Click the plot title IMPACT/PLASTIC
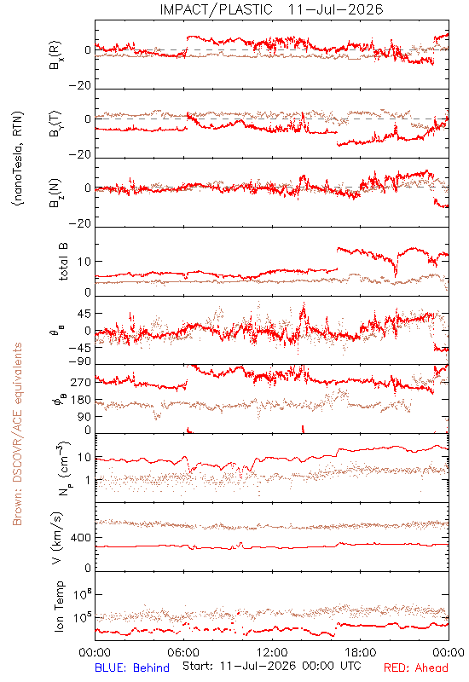pyautogui.click(x=217, y=9)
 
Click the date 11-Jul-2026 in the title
pyautogui.click(x=335, y=9)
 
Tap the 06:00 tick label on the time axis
pyautogui.click(x=183, y=652)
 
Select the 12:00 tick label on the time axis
pyautogui.click(x=272, y=652)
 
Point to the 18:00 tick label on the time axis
pyautogui.click(x=361, y=652)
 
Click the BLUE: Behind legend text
pyautogui.click(x=132, y=668)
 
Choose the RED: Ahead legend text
pyautogui.click(x=416, y=668)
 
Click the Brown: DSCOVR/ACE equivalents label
pyautogui.click(x=17, y=434)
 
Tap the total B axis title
pyautogui.click(x=62, y=262)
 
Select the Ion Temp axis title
pyautogui.click(x=59, y=606)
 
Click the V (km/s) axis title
pyautogui.click(x=57, y=538)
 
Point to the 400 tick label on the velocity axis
pyautogui.click(x=81, y=538)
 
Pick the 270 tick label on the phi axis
pyautogui.click(x=81, y=383)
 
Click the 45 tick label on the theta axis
pyautogui.click(x=84, y=314)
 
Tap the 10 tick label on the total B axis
pyautogui.click(x=84, y=262)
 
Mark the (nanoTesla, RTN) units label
pyautogui.click(x=18, y=159)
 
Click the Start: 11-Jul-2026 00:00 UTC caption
pyautogui.click(x=272, y=666)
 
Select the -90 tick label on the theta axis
pyautogui.click(x=80, y=361)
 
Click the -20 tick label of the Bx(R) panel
pyautogui.click(x=80, y=86)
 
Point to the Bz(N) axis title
pyautogui.click(x=55, y=193)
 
